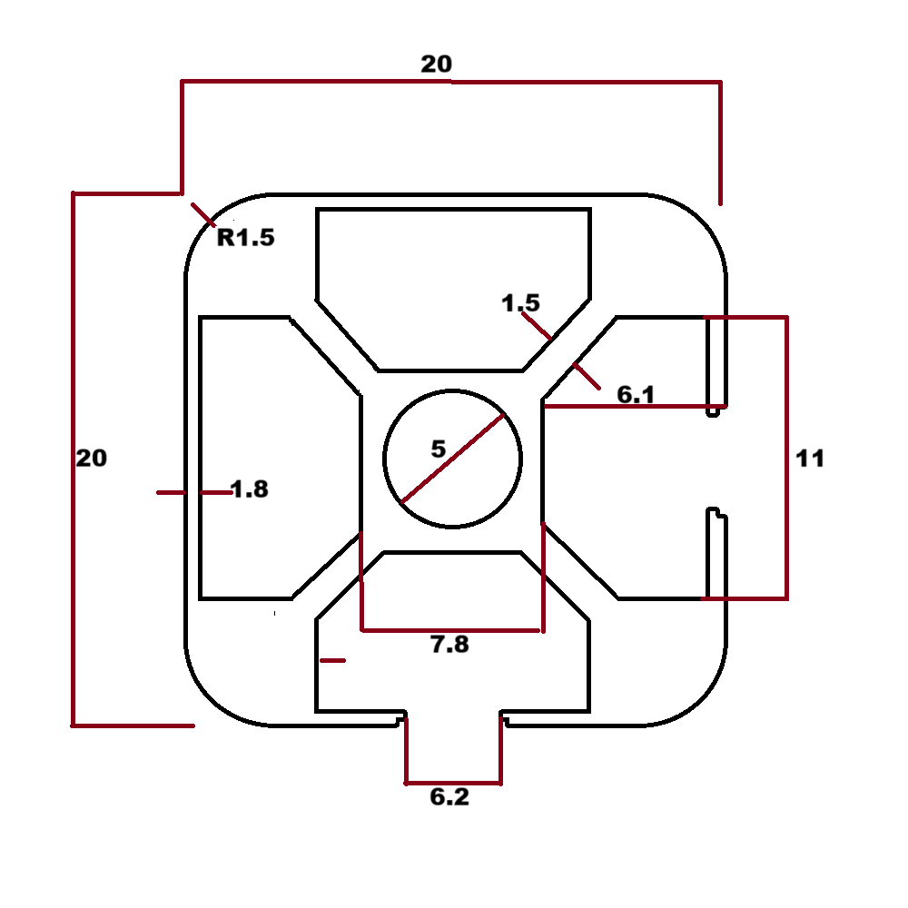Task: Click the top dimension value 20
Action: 436,64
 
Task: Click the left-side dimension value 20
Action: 91,459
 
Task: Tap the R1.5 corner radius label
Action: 245,239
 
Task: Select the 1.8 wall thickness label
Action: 250,490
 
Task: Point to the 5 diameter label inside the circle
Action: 439,449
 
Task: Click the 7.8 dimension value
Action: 449,646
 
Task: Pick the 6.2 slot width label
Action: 449,798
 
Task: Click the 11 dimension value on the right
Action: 810,459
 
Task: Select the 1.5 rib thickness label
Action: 520,303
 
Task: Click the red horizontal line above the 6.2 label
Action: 453,782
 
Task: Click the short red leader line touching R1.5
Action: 203,215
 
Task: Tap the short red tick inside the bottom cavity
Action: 333,660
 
